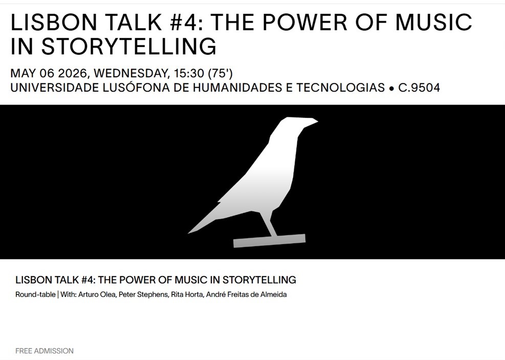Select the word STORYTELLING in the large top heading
(128, 46)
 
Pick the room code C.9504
(419, 88)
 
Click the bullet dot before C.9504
(391, 88)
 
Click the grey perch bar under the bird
(269, 241)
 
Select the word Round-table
(35, 294)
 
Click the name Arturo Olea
(97, 294)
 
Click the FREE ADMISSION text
(45, 351)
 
